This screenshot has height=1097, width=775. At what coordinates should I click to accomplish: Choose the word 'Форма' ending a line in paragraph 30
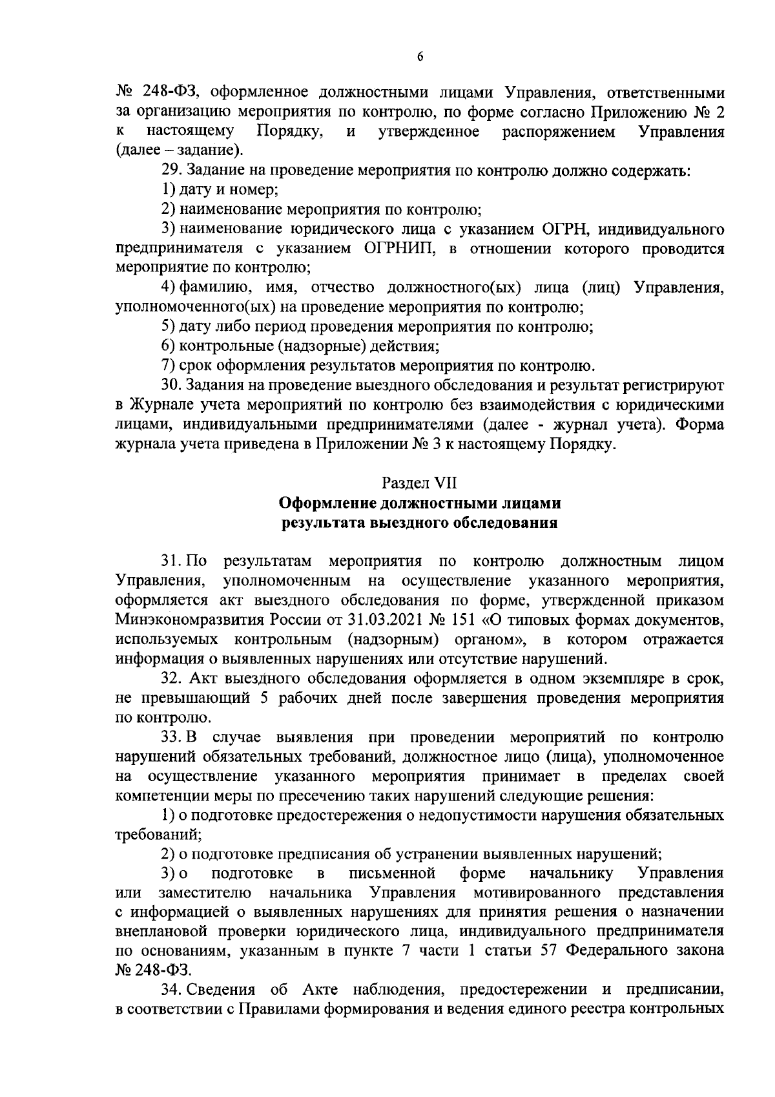point(701,425)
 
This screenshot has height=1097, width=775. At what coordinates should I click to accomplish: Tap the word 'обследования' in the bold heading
point(509,522)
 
